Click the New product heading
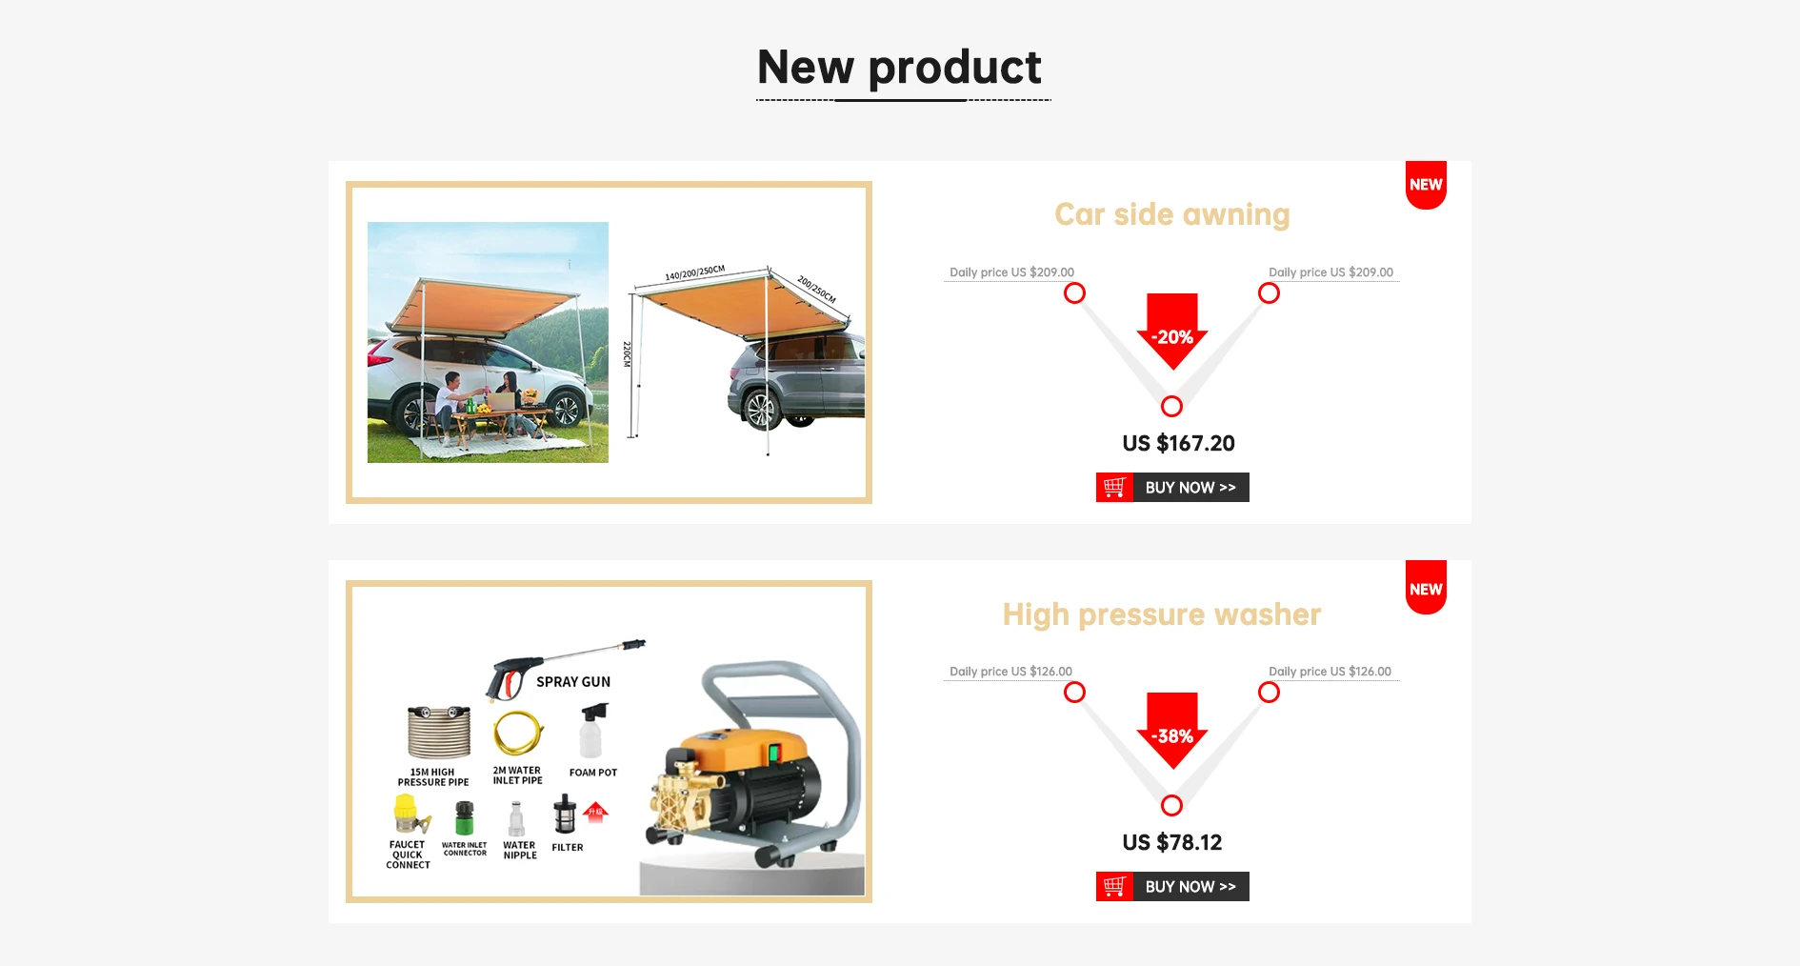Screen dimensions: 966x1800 coord(899,68)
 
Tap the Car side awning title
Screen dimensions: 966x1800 coord(1171,214)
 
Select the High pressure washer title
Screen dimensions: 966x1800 coord(1161,614)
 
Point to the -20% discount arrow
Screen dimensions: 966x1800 coord(1171,334)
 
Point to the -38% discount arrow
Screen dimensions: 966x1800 coord(1171,734)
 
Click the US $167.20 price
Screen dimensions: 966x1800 coord(1178,444)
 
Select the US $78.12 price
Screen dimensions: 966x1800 coord(1171,843)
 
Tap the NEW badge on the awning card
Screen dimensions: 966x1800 coord(1426,185)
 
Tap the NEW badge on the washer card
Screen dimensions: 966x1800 coord(1426,589)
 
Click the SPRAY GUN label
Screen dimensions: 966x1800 coord(572,682)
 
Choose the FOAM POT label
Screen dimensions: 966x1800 coord(592,773)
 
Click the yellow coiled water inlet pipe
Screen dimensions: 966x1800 coord(517,733)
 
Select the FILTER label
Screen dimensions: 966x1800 coord(567,847)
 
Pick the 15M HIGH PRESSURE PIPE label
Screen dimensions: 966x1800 coord(433,777)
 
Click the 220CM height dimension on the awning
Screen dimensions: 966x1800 coord(627,354)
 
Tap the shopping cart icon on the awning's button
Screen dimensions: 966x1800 coord(1114,488)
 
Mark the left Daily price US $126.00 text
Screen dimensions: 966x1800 coord(1010,672)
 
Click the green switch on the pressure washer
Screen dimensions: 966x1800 coord(774,753)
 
